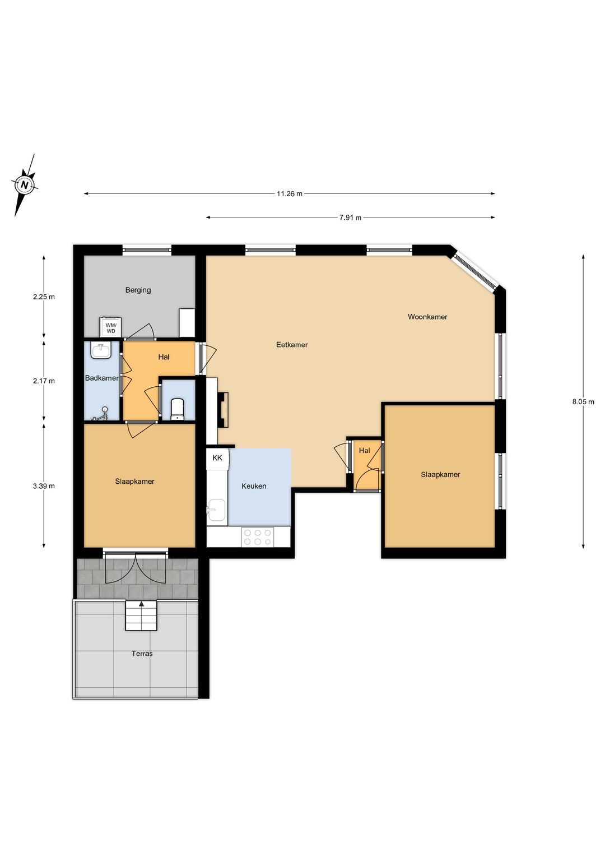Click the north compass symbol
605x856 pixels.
[25, 185]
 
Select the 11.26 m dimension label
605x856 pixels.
[290, 194]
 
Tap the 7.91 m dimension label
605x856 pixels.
[350, 218]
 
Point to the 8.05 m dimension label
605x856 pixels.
[583, 401]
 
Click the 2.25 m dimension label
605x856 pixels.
[44, 297]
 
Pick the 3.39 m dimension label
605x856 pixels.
[44, 486]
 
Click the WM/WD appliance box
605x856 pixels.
[111, 327]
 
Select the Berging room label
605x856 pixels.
[138, 290]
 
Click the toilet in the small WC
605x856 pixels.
[178, 409]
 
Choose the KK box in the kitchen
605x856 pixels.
[217, 458]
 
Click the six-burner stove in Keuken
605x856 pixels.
[258, 537]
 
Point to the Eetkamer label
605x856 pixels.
[292, 345]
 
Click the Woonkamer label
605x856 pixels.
[427, 317]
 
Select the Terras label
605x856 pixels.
[142, 654]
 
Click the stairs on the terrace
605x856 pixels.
[141, 616]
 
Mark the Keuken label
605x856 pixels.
[254, 486]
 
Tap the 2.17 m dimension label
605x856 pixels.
[44, 381]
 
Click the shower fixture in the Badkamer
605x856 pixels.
[100, 414]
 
